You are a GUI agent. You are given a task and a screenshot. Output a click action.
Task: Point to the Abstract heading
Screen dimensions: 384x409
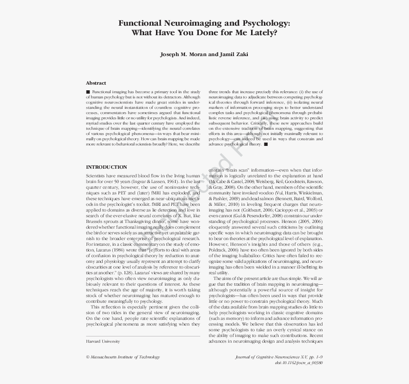pos(96,83)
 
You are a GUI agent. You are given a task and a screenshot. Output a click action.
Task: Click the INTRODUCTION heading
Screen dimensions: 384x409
pos(107,167)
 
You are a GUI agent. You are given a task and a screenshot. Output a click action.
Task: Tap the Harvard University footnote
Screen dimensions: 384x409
pos(103,341)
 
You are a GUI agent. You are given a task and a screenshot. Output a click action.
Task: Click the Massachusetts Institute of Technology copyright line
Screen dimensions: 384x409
pos(123,357)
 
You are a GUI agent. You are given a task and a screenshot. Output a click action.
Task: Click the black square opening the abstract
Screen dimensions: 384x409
pos(88,91)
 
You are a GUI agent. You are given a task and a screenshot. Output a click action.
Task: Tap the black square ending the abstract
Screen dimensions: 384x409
pos(266,144)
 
